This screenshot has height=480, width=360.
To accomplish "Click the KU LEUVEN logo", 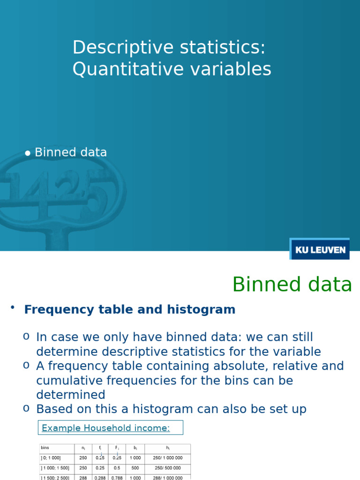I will (x=320, y=249).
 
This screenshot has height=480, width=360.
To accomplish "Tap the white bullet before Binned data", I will (x=28, y=153).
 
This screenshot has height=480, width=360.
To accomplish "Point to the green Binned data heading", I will (x=292, y=285).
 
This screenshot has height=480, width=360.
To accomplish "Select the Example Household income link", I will (x=106, y=427).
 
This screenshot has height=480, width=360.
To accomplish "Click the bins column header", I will (x=45, y=448).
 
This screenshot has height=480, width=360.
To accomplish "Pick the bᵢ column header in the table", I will (x=135, y=448).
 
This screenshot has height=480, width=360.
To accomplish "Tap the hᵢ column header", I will (x=167, y=448).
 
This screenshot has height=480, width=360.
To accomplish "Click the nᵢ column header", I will (x=83, y=448).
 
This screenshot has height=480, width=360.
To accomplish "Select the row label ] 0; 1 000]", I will (x=51, y=458).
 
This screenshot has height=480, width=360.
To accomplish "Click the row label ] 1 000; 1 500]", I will (x=55, y=468).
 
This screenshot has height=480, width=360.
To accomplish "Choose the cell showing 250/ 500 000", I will (x=167, y=468).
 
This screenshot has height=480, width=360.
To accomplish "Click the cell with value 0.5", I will (x=117, y=468).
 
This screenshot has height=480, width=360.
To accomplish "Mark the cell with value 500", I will (x=135, y=468).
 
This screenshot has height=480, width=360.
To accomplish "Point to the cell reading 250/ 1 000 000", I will (x=167, y=458).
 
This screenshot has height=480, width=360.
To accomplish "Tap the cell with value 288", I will (x=83, y=478).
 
